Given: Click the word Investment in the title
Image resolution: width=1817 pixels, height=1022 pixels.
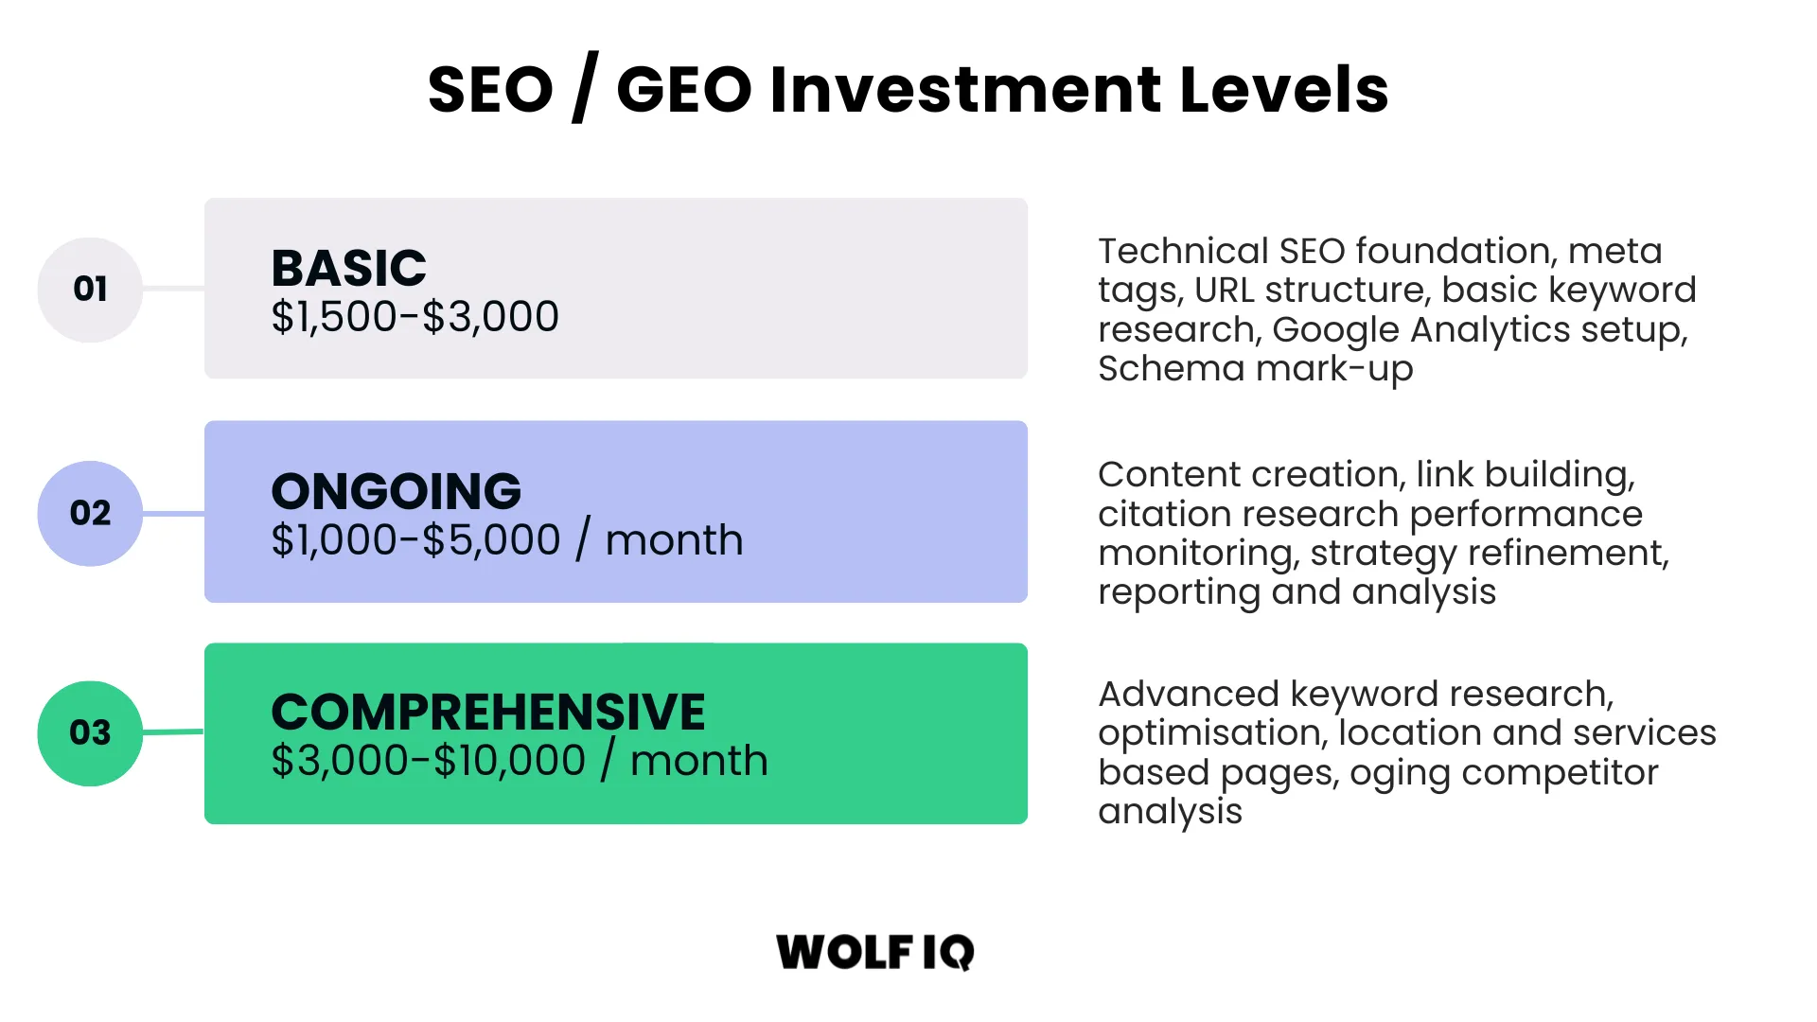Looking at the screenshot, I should (x=965, y=90).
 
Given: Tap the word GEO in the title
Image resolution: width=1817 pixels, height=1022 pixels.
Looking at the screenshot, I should (x=684, y=90).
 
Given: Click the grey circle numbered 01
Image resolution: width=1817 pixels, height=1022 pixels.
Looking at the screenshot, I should (x=90, y=290).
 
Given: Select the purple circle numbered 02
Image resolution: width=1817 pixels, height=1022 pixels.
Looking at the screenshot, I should (x=90, y=513).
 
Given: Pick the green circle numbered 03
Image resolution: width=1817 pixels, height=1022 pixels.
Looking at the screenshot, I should (x=90, y=733).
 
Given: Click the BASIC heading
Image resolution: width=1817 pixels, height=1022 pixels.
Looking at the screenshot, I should (x=348, y=268).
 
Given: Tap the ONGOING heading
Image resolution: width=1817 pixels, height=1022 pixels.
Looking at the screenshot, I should (x=396, y=491).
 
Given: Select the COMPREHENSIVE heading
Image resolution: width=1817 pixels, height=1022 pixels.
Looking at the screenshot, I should (x=487, y=712).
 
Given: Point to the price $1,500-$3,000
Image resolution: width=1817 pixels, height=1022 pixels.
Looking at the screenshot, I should (x=415, y=317).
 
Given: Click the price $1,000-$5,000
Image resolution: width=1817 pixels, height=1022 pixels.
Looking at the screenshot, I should (x=415, y=540).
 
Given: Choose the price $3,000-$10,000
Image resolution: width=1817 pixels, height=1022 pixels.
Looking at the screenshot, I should (x=428, y=761).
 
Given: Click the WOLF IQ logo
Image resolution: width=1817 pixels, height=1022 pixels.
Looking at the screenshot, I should (x=874, y=952).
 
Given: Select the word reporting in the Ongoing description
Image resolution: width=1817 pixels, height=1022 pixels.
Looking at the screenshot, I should (x=1178, y=592).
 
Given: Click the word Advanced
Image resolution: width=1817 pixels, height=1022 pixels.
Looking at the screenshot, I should (x=1189, y=694).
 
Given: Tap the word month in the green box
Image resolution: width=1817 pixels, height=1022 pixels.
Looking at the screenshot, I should (x=698, y=761).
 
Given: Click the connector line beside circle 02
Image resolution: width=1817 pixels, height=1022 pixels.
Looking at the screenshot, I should (x=173, y=514).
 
